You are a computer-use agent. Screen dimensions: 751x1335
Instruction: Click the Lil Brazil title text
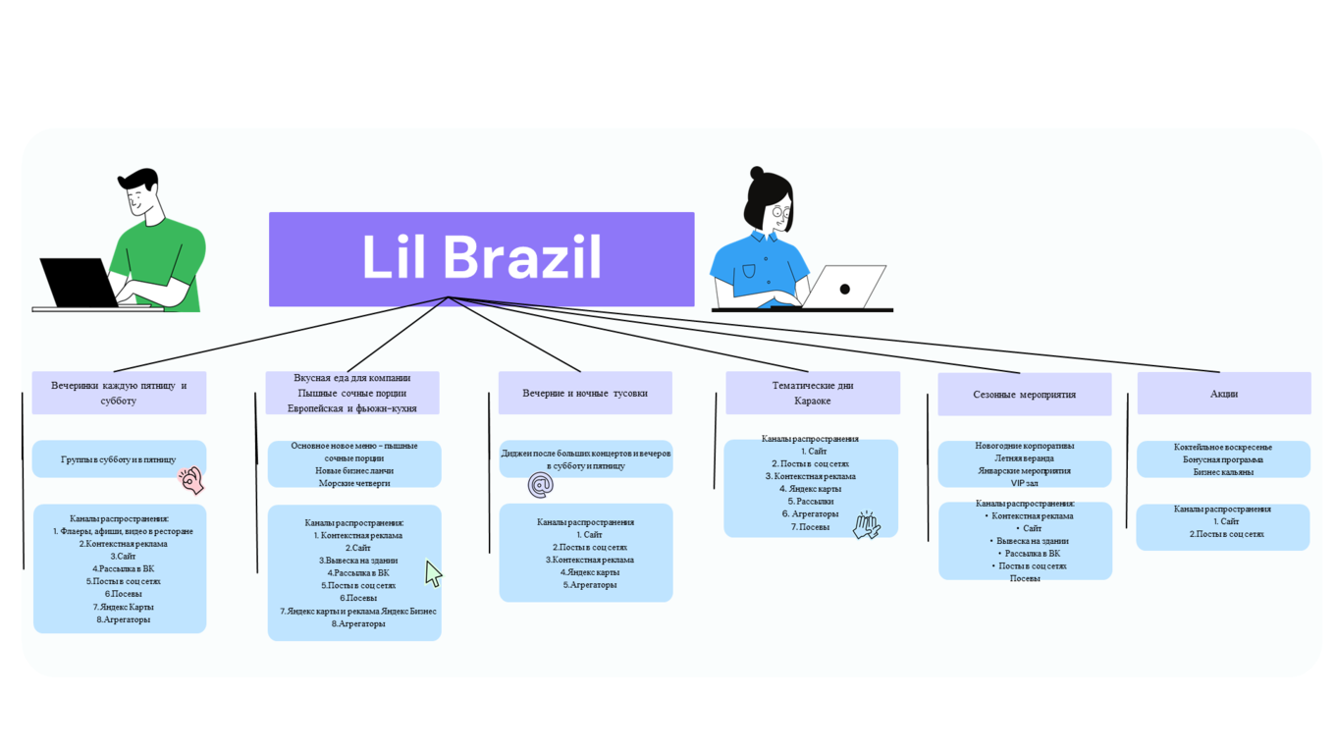pos(481,257)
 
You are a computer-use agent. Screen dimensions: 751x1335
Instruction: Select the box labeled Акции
pos(1223,394)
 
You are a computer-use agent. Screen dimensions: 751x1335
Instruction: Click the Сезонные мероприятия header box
pos(1024,395)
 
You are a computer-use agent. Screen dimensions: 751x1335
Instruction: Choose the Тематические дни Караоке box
pos(812,393)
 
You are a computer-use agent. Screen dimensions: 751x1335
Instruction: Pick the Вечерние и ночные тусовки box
pos(585,393)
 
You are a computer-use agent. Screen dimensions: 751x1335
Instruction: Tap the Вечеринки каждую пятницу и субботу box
pos(119,393)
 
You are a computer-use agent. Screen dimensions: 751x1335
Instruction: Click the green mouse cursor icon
pos(433,573)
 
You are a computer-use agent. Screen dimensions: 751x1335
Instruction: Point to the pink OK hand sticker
pos(191,480)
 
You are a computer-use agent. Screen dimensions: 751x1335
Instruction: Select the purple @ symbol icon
pos(540,484)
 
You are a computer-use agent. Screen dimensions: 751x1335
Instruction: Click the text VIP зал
pos(1024,483)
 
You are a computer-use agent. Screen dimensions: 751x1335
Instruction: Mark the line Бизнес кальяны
pos(1223,472)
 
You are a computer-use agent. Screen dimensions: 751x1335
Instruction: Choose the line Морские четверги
pos(354,483)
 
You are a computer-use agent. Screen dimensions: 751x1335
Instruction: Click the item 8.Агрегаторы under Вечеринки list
pos(123,619)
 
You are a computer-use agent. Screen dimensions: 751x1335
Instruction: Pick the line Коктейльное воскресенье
pos(1223,447)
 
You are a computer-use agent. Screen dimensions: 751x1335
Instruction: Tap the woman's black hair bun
pos(757,173)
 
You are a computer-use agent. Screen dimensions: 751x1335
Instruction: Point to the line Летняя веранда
pos(1024,458)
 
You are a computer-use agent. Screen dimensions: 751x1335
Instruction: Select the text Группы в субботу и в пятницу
pos(119,459)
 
